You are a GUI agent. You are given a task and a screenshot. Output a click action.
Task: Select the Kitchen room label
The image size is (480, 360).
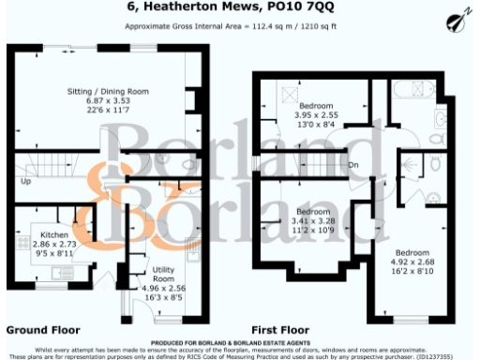pos(53,232)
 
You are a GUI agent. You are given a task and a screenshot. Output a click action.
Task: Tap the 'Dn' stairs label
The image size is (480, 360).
pos(353,167)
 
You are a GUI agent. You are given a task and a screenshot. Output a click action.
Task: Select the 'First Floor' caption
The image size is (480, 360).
pos(281,330)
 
